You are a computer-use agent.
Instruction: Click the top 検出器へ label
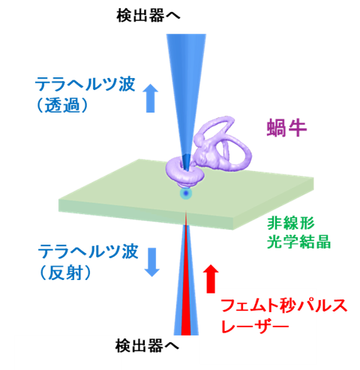point(148,16)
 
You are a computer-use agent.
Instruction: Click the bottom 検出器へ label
point(147,346)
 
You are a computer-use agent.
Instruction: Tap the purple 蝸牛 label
point(286,128)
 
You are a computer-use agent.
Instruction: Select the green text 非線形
point(291,223)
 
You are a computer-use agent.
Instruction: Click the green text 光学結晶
point(298,242)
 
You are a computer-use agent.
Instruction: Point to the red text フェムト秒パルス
point(284,305)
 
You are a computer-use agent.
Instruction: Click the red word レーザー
point(255,326)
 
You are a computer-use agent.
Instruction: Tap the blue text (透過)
point(62,105)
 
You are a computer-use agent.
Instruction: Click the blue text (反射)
point(65,272)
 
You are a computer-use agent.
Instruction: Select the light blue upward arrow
point(150,98)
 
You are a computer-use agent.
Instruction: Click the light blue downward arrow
point(152,262)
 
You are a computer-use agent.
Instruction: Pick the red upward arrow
point(211,278)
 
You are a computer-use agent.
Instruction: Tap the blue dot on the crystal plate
point(186,194)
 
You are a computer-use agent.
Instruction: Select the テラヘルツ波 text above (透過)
point(85,84)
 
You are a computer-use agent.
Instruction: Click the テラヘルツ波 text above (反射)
point(88,251)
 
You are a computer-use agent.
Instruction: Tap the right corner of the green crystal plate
point(313,179)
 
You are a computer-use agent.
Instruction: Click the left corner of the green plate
point(59,200)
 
